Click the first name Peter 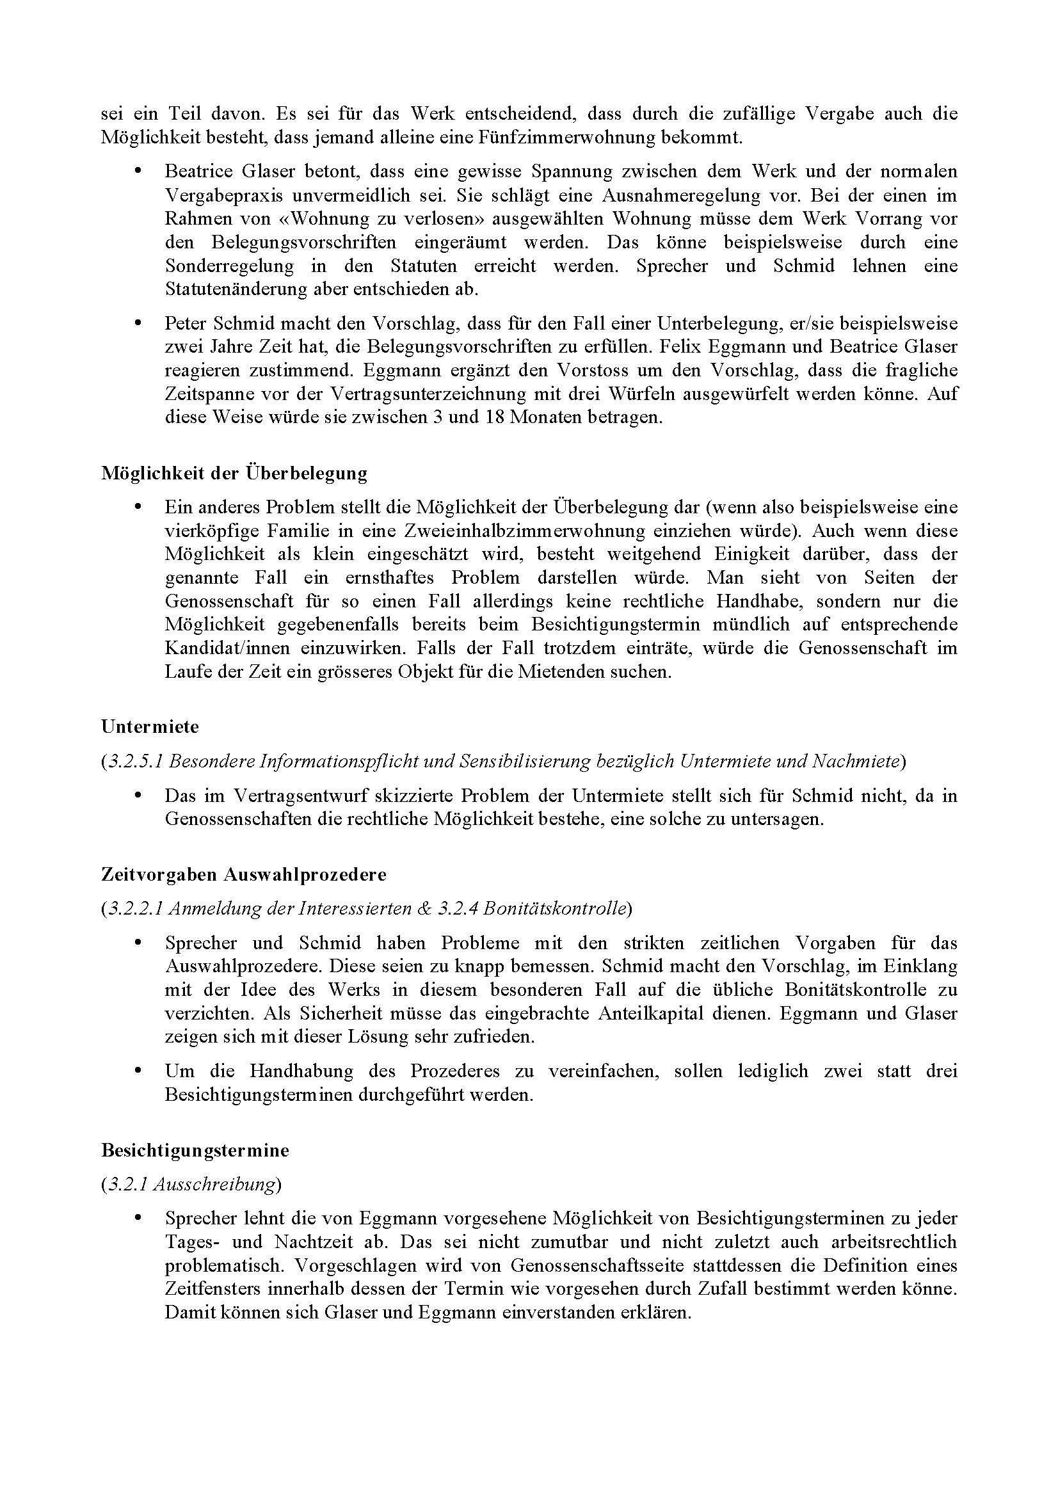185,323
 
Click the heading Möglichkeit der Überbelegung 234,473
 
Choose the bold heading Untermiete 150,726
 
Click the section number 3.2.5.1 134,761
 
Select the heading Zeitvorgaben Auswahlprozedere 244,874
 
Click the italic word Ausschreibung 214,1183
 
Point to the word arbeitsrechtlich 894,1242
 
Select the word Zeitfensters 211,1288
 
